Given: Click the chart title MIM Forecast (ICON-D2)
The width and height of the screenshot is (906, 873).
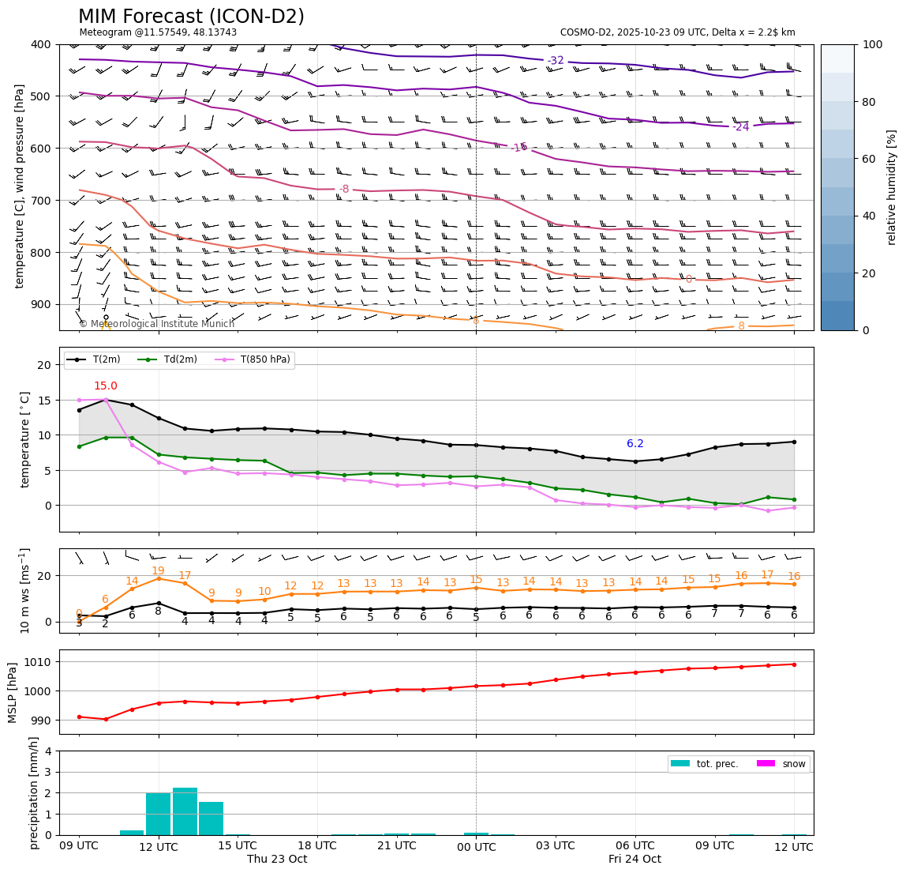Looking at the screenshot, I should (191, 17).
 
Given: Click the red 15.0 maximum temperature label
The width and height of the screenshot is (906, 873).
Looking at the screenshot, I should (106, 386).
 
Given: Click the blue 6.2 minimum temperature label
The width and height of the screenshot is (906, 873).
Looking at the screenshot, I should (635, 444).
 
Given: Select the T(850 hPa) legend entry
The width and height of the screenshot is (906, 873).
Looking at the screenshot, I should (265, 359).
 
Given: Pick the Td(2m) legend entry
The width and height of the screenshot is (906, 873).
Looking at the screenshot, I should (178, 359).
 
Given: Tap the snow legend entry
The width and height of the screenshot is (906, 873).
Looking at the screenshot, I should (794, 764).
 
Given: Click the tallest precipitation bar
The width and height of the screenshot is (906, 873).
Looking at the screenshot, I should (185, 811).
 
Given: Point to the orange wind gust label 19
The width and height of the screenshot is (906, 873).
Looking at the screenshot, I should (158, 571).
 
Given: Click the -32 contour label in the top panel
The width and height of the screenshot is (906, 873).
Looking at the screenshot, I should (556, 61).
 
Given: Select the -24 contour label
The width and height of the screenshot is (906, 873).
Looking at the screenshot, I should (740, 127).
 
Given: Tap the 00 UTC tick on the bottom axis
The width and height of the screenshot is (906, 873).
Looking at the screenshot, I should (476, 846).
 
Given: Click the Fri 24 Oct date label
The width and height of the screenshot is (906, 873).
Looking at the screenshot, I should (635, 859).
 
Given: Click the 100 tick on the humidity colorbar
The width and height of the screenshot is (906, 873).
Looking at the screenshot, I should (874, 44).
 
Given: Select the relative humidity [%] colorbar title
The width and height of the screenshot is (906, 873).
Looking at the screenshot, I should (892, 187).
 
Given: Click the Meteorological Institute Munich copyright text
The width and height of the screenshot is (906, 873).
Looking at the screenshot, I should (156, 324).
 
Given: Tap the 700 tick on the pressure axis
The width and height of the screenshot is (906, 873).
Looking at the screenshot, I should (40, 201).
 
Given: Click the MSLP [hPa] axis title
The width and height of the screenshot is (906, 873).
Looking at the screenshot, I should (13, 693).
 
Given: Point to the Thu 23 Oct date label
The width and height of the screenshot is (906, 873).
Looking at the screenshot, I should (277, 859).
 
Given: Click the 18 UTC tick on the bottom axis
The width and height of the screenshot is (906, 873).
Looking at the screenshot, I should (317, 846).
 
